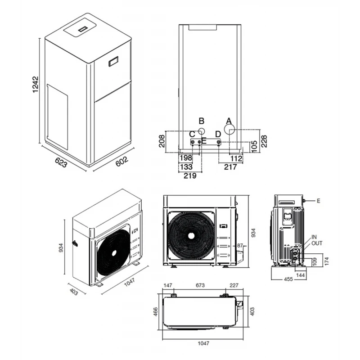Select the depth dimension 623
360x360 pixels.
tap(61, 162)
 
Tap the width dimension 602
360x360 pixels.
tap(121, 161)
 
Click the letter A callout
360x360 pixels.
tap(228, 121)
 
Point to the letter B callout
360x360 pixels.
tap(202, 121)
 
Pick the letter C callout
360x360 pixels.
tap(192, 134)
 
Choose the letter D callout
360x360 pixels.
tap(218, 134)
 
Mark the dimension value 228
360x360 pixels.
tap(265, 141)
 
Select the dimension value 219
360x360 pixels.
tap(190, 176)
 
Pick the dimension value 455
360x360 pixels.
tap(288, 279)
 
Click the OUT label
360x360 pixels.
tap(317, 243)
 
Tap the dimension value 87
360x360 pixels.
tap(240, 246)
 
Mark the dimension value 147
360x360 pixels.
tap(168, 285)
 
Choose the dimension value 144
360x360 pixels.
tap(301, 274)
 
